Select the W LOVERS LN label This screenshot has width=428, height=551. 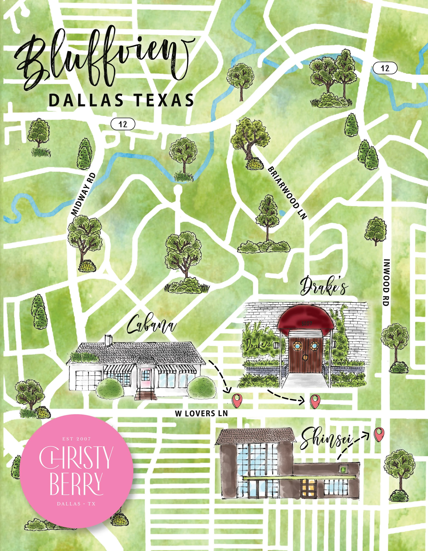201,413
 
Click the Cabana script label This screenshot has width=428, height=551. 151,325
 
